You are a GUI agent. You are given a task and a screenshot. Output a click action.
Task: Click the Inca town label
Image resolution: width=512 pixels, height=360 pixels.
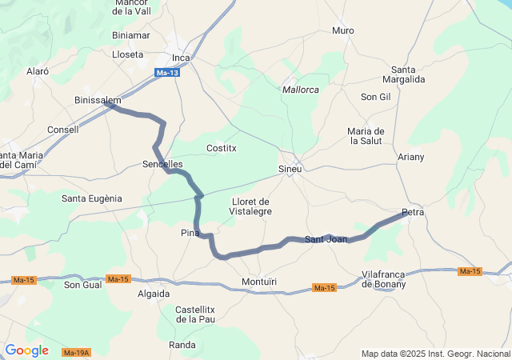(x=182, y=58)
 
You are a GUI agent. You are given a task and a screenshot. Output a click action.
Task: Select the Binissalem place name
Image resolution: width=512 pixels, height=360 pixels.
(x=97, y=101)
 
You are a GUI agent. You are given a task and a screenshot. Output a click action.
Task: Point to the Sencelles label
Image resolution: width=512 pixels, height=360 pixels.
(x=162, y=164)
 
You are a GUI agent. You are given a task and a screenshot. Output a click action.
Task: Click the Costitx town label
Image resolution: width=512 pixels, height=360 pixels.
(x=222, y=148)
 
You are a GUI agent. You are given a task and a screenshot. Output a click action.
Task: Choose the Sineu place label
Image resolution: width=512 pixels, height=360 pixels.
(x=289, y=170)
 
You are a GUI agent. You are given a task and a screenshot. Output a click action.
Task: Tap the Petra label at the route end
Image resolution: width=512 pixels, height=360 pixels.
(x=413, y=213)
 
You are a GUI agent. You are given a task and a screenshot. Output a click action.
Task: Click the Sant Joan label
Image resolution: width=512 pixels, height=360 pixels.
(x=326, y=239)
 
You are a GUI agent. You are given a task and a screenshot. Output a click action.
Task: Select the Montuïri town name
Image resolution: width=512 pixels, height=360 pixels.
(x=258, y=282)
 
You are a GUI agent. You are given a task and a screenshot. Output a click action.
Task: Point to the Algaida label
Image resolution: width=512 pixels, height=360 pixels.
(x=154, y=294)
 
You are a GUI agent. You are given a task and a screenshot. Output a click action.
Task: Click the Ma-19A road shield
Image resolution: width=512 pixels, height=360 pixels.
(x=76, y=353)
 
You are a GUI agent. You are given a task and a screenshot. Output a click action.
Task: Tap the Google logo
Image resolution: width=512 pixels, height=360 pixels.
(x=26, y=350)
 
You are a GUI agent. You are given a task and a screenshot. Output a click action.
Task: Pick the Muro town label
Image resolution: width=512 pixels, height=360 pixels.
(x=342, y=30)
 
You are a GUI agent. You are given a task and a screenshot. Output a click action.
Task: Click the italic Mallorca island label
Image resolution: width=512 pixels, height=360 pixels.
(x=301, y=90)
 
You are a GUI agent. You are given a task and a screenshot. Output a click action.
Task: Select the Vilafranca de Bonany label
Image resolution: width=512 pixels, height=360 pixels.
(x=384, y=279)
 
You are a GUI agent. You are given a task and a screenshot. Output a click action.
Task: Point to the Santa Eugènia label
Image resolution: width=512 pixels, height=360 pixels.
(x=92, y=198)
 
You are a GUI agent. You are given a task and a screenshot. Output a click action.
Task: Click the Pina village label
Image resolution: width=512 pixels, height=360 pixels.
(x=190, y=233)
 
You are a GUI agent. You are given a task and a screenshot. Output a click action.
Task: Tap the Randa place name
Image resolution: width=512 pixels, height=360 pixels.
(x=182, y=345)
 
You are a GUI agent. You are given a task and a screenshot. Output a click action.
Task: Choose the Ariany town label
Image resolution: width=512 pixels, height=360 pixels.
(x=410, y=157)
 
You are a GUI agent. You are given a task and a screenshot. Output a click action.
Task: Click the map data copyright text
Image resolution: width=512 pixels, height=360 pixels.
(x=434, y=354)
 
